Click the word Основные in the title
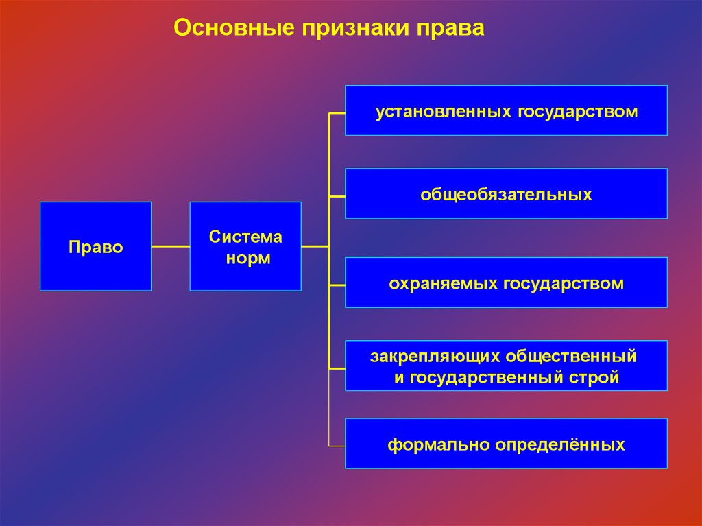coord(232,28)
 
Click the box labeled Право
coord(95,246)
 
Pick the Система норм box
coord(245,246)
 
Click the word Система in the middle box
coord(245,237)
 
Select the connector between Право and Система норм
coord(170,246)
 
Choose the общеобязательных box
coord(506,194)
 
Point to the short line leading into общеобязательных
coord(337,196)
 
